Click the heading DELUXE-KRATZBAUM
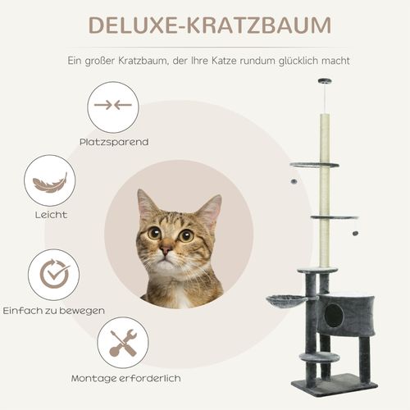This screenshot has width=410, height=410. (x=205, y=25)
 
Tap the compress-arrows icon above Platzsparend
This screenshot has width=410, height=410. (x=113, y=105)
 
